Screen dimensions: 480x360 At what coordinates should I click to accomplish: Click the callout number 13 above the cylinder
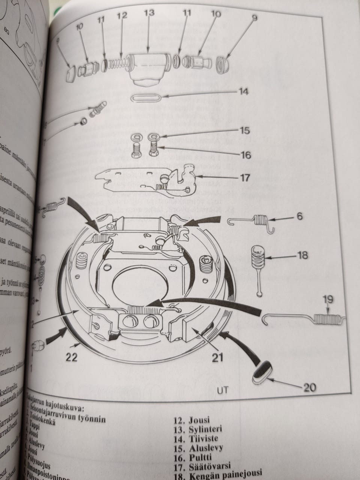[x=149, y=13]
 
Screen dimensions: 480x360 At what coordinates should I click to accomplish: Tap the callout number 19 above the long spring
[x=327, y=300]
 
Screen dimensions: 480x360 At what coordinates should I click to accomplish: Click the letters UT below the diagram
[x=222, y=390]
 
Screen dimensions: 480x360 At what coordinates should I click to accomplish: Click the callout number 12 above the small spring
[x=122, y=16]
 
